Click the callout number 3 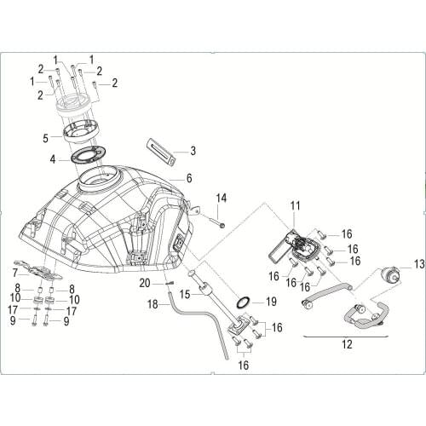193,151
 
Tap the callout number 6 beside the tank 189,179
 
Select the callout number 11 296,205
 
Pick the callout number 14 222,199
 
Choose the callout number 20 145,282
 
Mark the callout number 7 14,273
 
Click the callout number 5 46,136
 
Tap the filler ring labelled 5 83,132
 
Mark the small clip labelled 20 169,285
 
